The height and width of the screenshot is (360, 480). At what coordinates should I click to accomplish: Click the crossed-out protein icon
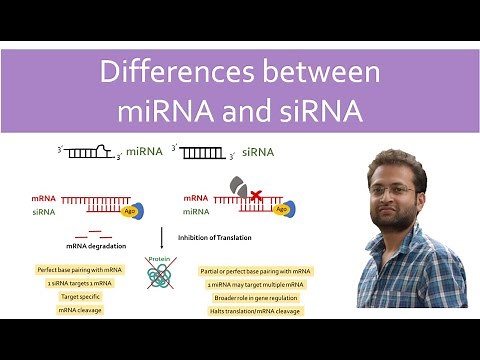pyautogui.click(x=161, y=276)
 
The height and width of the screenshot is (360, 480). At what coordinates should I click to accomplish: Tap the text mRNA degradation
pyautogui.click(x=93, y=244)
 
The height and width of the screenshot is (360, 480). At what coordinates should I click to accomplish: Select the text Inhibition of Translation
pyautogui.click(x=214, y=237)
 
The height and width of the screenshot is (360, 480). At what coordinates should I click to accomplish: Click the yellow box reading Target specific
pyautogui.click(x=79, y=297)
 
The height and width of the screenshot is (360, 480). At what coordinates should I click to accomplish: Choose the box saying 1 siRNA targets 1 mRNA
pyautogui.click(x=79, y=284)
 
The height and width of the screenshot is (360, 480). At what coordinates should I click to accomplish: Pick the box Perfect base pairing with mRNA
pyautogui.click(x=79, y=270)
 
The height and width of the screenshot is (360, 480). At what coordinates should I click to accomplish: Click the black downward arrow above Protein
pyautogui.click(x=161, y=238)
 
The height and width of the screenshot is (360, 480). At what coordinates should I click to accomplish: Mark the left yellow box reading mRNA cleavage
pyautogui.click(x=79, y=311)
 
